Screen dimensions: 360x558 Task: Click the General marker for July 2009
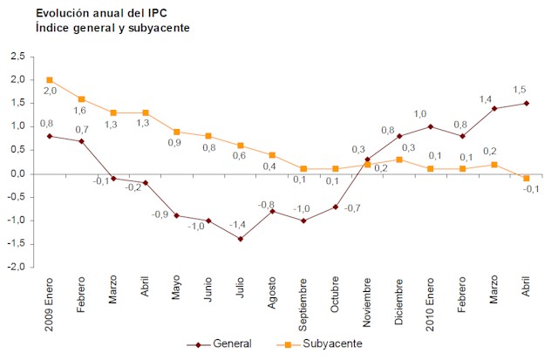point(240,239)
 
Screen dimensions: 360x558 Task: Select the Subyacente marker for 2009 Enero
point(50,80)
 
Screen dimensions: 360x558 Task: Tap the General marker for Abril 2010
point(526,103)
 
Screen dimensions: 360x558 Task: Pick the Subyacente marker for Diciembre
point(398,160)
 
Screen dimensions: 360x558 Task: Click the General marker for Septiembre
point(303,221)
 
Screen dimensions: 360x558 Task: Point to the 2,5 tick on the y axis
point(17,57)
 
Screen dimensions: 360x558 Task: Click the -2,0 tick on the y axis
point(16,268)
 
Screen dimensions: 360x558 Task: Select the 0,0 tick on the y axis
point(17,173)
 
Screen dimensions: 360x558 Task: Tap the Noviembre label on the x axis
point(367,301)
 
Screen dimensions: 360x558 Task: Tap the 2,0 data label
point(50,92)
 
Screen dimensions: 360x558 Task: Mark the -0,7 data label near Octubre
point(352,208)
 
